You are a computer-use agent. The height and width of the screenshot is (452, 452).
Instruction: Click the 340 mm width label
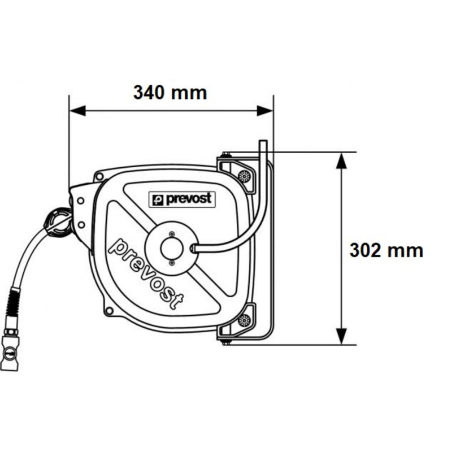pyautogui.click(x=170, y=92)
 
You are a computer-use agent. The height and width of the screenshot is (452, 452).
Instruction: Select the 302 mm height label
pyautogui.click(x=386, y=250)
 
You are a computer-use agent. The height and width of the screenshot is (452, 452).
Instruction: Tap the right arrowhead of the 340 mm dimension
pyautogui.click(x=266, y=111)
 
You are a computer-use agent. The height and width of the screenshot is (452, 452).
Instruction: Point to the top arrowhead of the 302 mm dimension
pyautogui.click(x=341, y=160)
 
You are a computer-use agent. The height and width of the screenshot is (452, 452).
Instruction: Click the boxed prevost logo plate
pyautogui.click(x=181, y=199)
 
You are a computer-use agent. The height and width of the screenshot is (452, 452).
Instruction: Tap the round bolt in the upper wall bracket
pyautogui.click(x=244, y=176)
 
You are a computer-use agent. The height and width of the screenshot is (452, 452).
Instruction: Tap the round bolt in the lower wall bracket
pyautogui.click(x=244, y=320)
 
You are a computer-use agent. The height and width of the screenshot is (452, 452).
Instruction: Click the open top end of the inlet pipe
pyautogui.click(x=262, y=142)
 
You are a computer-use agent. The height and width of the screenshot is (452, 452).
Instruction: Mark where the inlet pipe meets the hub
pyautogui.click(x=194, y=247)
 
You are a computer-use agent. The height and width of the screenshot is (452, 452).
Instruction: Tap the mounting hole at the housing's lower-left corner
pyautogui.click(x=107, y=309)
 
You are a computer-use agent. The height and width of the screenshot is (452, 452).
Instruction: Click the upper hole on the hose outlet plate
pyautogui.click(x=81, y=201)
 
